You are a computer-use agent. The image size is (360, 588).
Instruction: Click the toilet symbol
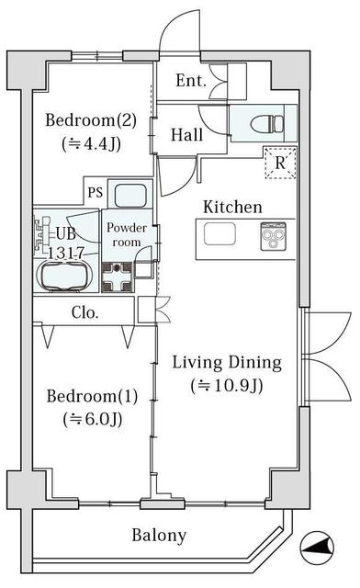coord(267,124)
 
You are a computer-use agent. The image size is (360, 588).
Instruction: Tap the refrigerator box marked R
coord(280,164)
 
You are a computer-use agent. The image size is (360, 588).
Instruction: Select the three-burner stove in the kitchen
coord(274,236)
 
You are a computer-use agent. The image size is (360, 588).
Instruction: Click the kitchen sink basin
coord(219,234)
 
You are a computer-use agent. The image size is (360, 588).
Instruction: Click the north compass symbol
coord(317,548)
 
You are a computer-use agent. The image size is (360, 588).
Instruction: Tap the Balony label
coord(159,535)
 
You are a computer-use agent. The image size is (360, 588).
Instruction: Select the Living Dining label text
coord(227,363)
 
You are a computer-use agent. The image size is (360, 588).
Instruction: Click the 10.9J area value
coord(227,386)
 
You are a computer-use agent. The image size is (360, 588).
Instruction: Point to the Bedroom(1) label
coord(92,396)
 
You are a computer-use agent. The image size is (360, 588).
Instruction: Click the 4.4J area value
coord(91,143)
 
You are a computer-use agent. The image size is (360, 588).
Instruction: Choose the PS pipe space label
coord(96,192)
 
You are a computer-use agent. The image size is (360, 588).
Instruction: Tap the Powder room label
coord(127,235)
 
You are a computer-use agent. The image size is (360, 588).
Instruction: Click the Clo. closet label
coord(85,312)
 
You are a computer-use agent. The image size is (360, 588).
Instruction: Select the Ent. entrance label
coord(191,81)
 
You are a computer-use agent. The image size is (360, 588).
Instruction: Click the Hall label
coord(186,135)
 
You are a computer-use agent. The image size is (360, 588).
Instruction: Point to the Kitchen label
coord(232,207)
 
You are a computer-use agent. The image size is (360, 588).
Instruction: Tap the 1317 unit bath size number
coord(66,254)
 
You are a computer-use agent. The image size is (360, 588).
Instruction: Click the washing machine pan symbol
coord(118,277)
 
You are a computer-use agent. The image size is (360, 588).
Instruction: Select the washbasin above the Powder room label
coord(130,195)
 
